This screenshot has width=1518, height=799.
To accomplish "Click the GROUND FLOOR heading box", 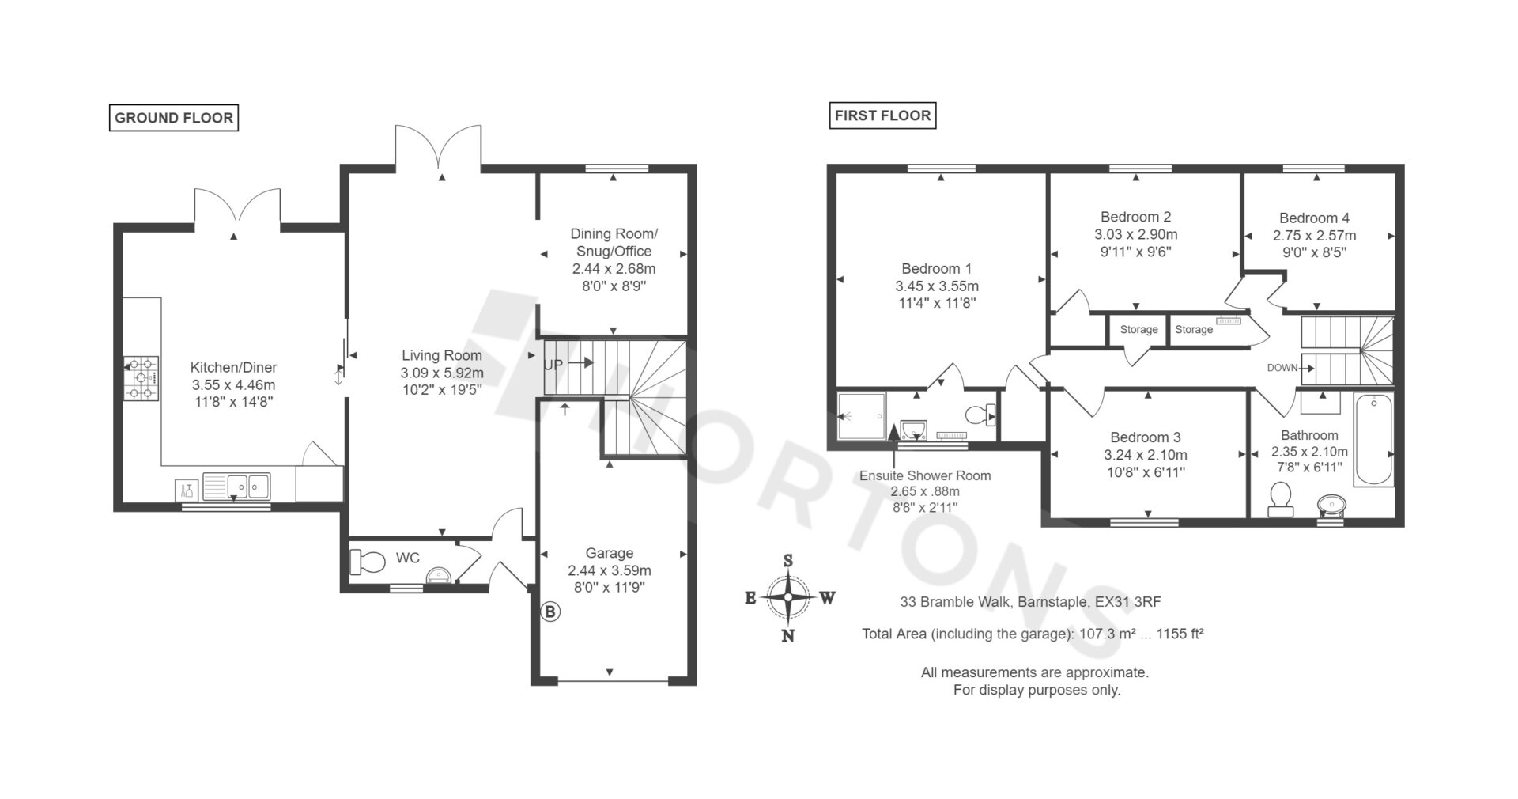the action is (174, 118).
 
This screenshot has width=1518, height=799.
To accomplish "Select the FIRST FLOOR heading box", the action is (883, 115).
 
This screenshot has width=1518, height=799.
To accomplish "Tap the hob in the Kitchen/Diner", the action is (142, 378).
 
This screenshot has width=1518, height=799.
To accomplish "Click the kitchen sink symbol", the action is (236, 487).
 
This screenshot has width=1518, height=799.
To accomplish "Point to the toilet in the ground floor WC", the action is (365, 562).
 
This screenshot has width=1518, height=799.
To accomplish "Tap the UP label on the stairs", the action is (553, 365).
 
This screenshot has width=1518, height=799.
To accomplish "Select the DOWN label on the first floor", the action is (1282, 368).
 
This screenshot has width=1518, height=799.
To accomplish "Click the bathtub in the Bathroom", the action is (1374, 440).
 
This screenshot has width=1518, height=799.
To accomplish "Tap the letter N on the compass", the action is (787, 636).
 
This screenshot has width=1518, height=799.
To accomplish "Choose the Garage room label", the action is (610, 553).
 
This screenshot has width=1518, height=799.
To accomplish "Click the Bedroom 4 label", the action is (1314, 218).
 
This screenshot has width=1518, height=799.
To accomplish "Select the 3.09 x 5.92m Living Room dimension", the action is (442, 373).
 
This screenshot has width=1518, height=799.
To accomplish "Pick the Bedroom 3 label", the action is (1146, 437).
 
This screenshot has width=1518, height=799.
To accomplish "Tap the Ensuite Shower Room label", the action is (925, 475).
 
